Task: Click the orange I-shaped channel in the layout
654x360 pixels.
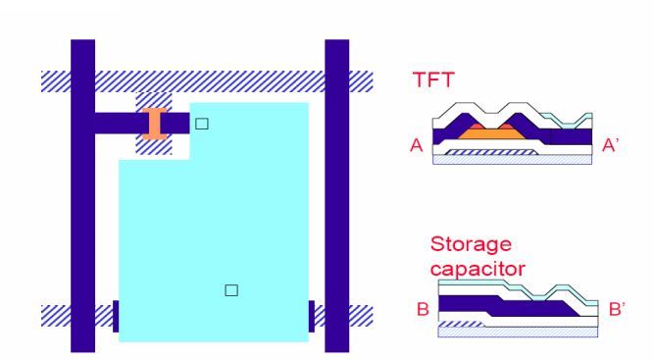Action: click(152, 124)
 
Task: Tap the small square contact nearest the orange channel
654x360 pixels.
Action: click(202, 124)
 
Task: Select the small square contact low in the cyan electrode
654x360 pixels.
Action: click(231, 289)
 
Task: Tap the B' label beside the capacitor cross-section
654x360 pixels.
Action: click(618, 310)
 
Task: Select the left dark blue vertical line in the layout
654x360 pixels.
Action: click(82, 196)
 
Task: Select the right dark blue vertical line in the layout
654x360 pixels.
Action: click(336, 196)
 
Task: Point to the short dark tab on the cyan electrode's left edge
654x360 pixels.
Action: click(116, 315)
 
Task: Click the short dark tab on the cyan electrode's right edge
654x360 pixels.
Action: click(312, 315)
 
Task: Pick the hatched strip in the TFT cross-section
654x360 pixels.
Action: click(486, 153)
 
